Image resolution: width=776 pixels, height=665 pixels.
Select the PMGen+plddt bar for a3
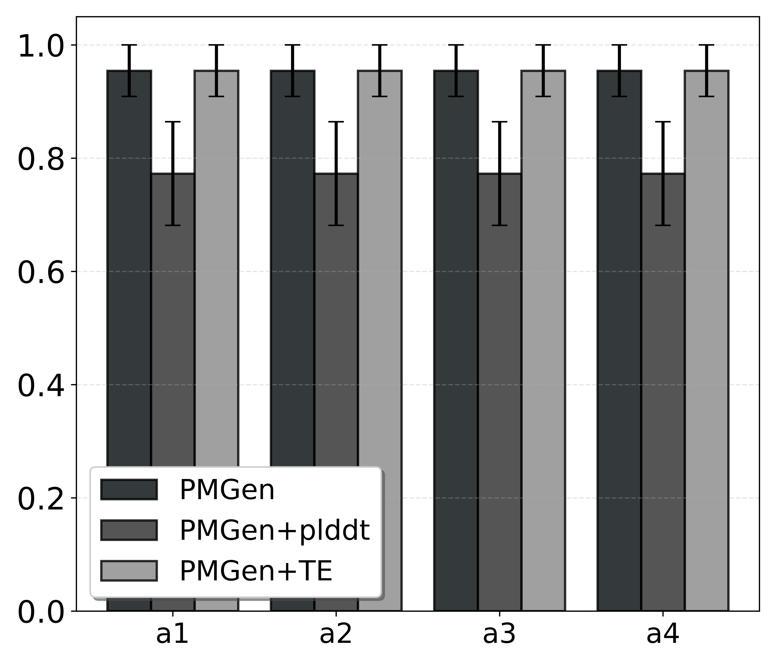pyautogui.click(x=500, y=393)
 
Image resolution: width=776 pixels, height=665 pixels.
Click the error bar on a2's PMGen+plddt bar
pyautogui.click(x=336, y=173)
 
